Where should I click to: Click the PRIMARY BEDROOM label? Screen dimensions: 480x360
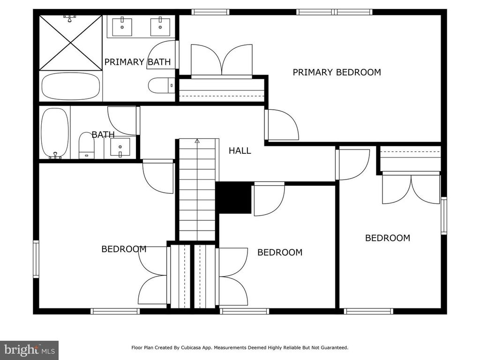[x=337, y=72]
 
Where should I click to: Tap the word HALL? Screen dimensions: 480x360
[x=240, y=150]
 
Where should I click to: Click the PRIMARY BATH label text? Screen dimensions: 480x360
[x=137, y=62]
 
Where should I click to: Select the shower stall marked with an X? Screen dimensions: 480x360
[x=71, y=43]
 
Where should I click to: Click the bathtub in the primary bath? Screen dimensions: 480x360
[x=71, y=86]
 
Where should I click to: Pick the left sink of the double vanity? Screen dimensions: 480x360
[x=122, y=27]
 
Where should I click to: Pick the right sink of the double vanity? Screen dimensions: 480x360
[x=160, y=27]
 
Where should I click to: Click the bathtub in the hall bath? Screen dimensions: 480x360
[x=55, y=133]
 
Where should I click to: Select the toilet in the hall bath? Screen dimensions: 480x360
[x=87, y=145]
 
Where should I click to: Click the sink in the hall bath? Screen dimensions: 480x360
[x=120, y=147]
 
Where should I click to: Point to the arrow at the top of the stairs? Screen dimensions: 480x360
[x=197, y=141]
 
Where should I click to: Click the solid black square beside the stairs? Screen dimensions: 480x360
[x=234, y=198]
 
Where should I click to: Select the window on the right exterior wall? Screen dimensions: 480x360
[x=443, y=216]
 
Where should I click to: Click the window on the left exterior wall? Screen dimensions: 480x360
[x=36, y=259]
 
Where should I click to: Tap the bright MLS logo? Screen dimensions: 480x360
[x=30, y=350]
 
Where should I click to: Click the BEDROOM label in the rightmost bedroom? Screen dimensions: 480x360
[x=388, y=238]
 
